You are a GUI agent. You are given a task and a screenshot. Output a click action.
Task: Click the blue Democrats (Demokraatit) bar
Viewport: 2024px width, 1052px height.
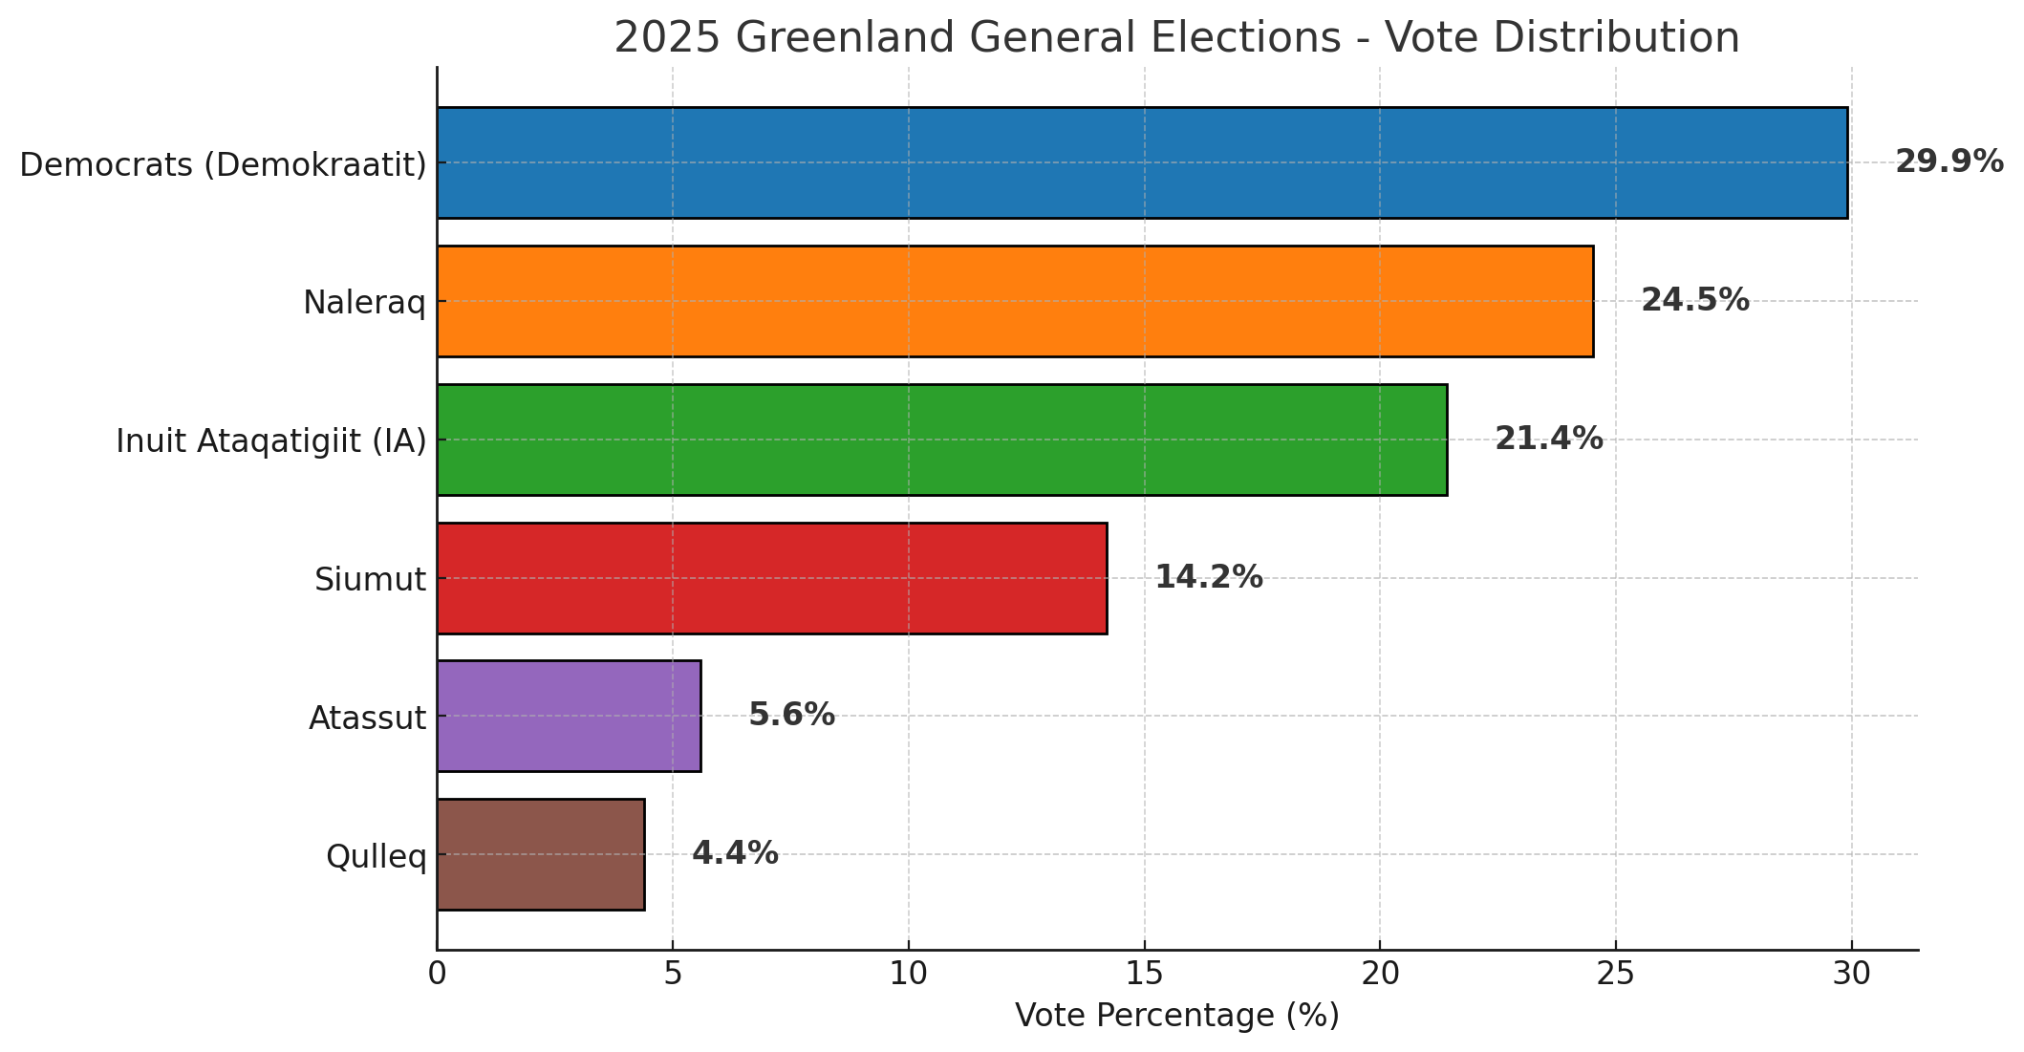1142,162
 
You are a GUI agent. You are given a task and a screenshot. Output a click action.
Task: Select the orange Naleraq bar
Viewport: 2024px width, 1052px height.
1015,301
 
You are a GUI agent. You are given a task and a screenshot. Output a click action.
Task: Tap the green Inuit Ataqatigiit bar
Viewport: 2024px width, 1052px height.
941,440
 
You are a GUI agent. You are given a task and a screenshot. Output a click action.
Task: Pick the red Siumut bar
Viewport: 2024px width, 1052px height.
771,578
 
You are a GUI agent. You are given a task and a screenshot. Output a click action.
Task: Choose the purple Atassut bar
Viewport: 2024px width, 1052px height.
569,716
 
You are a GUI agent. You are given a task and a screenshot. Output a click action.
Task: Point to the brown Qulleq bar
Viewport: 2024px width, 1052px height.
540,854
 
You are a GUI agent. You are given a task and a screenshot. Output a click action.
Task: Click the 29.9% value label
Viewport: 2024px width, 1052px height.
1949,162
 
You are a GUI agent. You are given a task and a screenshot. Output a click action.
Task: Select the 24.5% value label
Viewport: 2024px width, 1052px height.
1694,301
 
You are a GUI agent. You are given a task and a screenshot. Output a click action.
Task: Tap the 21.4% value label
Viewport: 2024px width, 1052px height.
1548,440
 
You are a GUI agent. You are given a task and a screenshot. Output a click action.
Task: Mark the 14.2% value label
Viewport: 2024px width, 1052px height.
1208,578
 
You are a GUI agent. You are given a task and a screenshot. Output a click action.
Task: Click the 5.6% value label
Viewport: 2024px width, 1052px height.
791,716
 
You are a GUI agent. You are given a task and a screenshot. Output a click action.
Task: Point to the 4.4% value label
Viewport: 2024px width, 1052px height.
734,854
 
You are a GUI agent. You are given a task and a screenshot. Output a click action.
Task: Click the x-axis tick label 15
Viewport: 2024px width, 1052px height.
1144,974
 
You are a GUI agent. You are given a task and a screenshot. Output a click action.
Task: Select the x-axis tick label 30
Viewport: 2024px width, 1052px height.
1851,974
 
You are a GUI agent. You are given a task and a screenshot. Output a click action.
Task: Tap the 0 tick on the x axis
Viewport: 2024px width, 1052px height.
438,974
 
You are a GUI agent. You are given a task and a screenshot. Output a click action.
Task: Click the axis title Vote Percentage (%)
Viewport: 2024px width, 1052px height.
1176,1017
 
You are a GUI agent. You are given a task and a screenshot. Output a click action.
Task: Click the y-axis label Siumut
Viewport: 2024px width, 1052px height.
370,580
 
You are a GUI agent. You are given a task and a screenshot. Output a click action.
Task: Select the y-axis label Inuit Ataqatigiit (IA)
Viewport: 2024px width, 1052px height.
270,441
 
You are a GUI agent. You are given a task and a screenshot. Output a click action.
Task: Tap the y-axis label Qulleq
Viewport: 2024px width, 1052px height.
376,857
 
